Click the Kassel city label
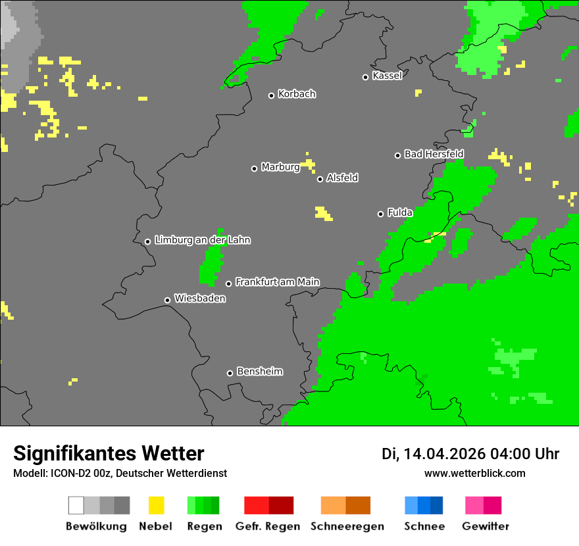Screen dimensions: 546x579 pos(387,76)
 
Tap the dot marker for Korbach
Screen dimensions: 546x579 pos(271,95)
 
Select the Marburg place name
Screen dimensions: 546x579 pos(280,167)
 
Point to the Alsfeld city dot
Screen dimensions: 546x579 pos(320,179)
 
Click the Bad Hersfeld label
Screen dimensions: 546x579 pos(434,154)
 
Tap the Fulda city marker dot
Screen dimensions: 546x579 pos(380,214)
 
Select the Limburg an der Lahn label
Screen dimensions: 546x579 pos(202,240)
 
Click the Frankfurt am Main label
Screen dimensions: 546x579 pos(277,282)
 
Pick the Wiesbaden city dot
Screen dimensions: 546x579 pos(167,300)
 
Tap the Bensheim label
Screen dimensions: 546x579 pos(259,372)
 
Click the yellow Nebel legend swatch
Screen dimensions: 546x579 pos(156,505)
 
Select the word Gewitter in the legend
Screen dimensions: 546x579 pos(485,526)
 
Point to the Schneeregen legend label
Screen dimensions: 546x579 pos(347,526)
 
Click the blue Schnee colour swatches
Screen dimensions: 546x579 pos(424,505)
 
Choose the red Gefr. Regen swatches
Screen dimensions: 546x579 pos(268,505)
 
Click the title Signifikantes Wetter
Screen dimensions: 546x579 pos(109,453)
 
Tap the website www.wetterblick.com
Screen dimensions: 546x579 pos(474,473)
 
